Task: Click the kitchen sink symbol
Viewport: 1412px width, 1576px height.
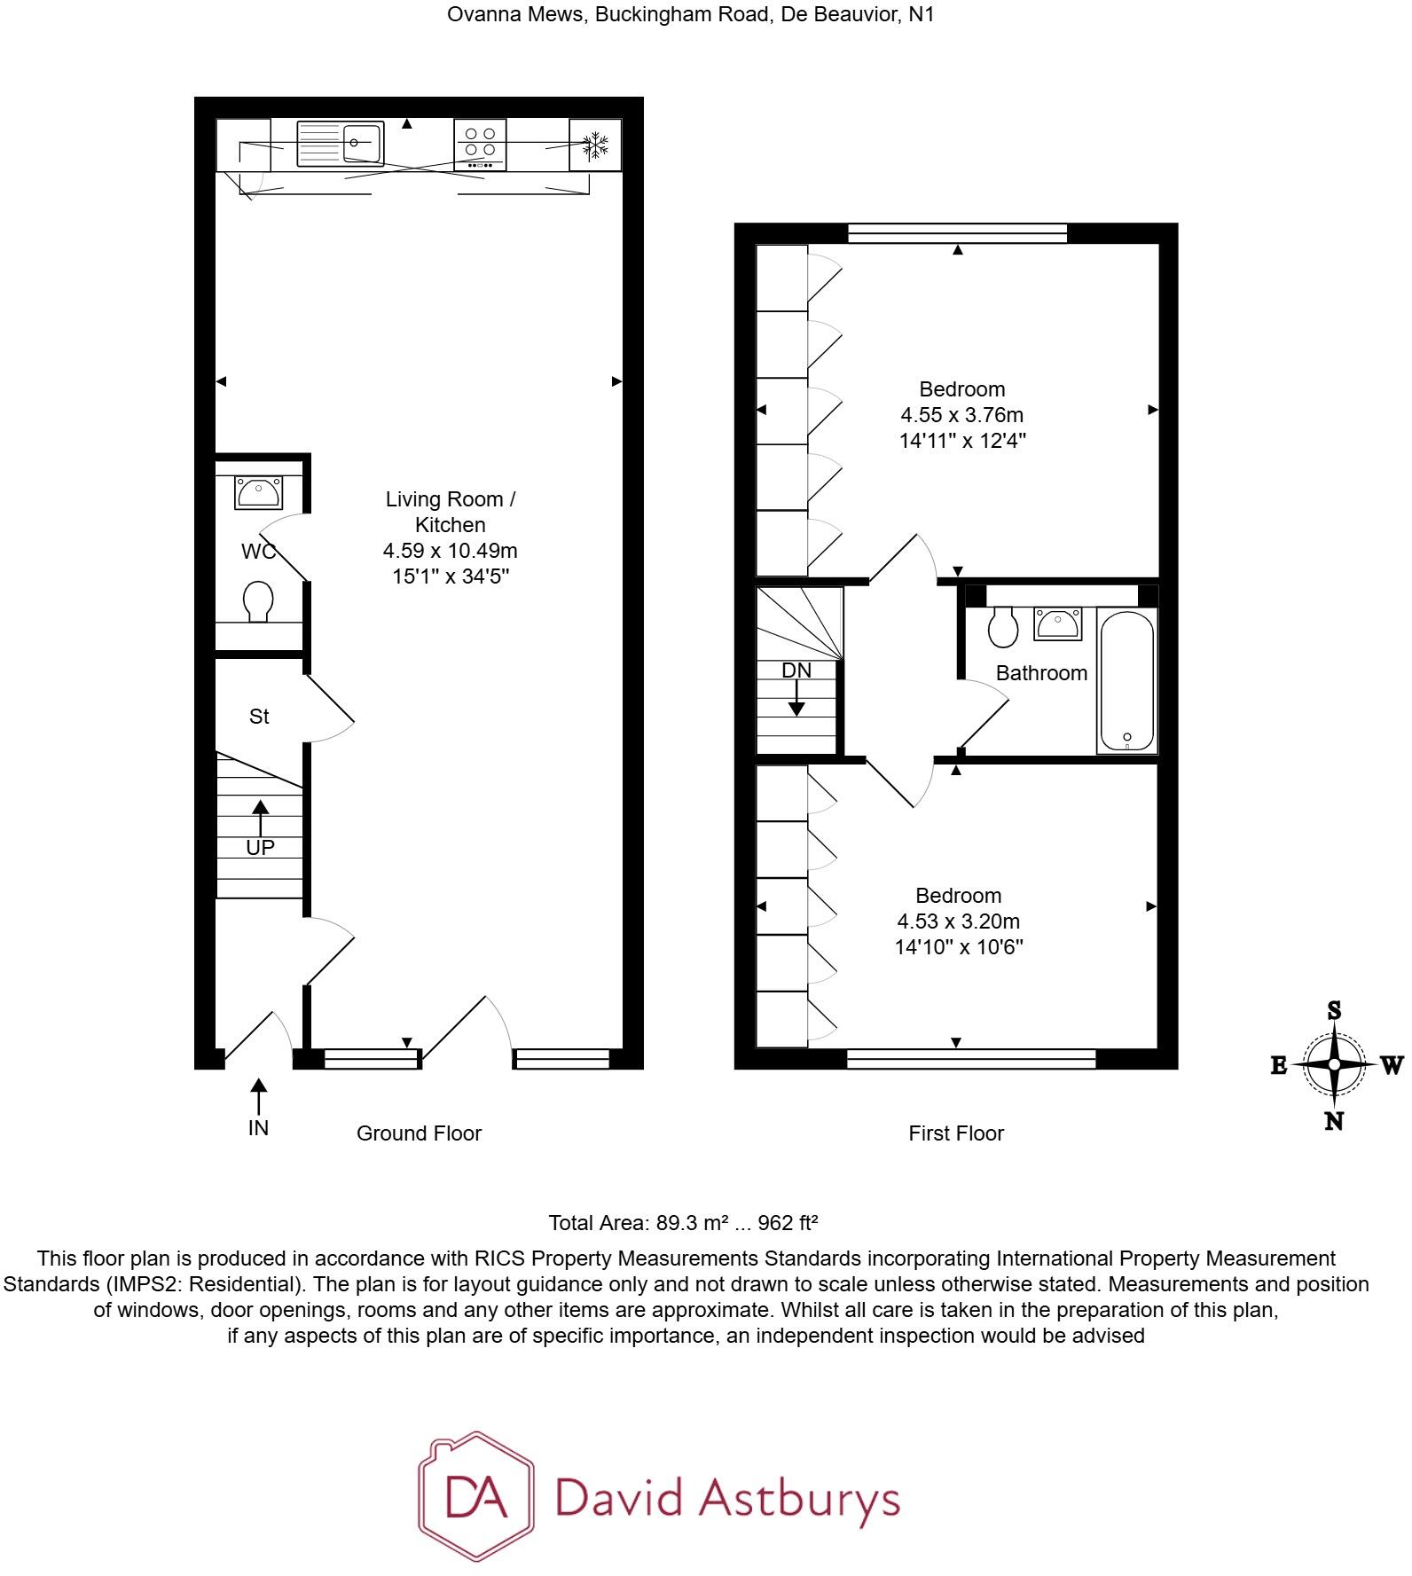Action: pyautogui.click(x=341, y=144)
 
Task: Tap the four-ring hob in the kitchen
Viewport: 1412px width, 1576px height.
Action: pyautogui.click(x=480, y=144)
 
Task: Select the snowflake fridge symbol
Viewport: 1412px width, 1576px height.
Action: pyautogui.click(x=595, y=145)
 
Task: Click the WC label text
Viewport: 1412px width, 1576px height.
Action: pyautogui.click(x=258, y=552)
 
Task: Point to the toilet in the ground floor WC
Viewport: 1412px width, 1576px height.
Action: pyautogui.click(x=257, y=601)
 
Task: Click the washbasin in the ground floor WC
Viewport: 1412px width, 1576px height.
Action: pyautogui.click(x=257, y=492)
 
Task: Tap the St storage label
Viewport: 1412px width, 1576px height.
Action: pyautogui.click(x=259, y=717)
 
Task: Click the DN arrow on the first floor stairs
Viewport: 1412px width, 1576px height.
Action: pyautogui.click(x=796, y=699)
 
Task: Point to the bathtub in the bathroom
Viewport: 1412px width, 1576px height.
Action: pyautogui.click(x=1126, y=680)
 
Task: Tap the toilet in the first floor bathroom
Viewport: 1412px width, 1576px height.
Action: pyautogui.click(x=1003, y=627)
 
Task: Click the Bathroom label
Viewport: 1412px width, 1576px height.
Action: pyautogui.click(x=1041, y=673)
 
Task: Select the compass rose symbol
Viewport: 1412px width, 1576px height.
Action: pyautogui.click(x=1334, y=1065)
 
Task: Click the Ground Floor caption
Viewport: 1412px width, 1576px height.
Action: pyautogui.click(x=419, y=1133)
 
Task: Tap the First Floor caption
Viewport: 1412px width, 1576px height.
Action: pyautogui.click(x=956, y=1133)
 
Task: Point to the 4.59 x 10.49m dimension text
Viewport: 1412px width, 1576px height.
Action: pyautogui.click(x=450, y=551)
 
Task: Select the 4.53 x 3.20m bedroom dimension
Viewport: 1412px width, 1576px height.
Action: pyautogui.click(x=959, y=921)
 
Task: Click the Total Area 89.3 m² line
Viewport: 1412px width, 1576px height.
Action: pyautogui.click(x=683, y=1223)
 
